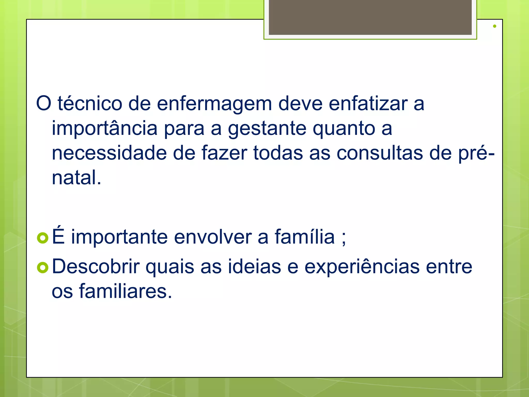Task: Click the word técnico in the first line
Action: pos(90,104)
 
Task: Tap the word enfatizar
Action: pos(368,104)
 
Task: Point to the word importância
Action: pos(105,128)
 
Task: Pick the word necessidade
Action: pos(109,153)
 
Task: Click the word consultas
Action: pos(380,153)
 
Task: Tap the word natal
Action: pos(76,178)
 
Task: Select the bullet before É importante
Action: pos(43,238)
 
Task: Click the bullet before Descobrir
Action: pos(43,268)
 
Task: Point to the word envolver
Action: pos(213,237)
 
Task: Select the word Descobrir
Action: pos(96,266)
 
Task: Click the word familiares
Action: pos(125,291)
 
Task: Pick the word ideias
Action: pos(254,266)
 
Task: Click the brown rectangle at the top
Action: pos(370,17)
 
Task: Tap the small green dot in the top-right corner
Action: pos(494,26)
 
